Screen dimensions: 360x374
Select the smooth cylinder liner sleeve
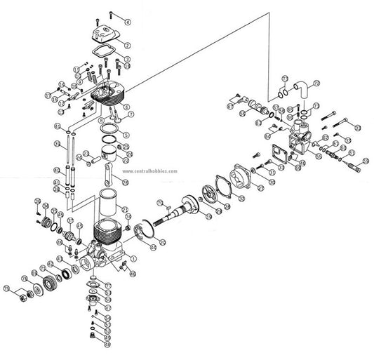point(111,199)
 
